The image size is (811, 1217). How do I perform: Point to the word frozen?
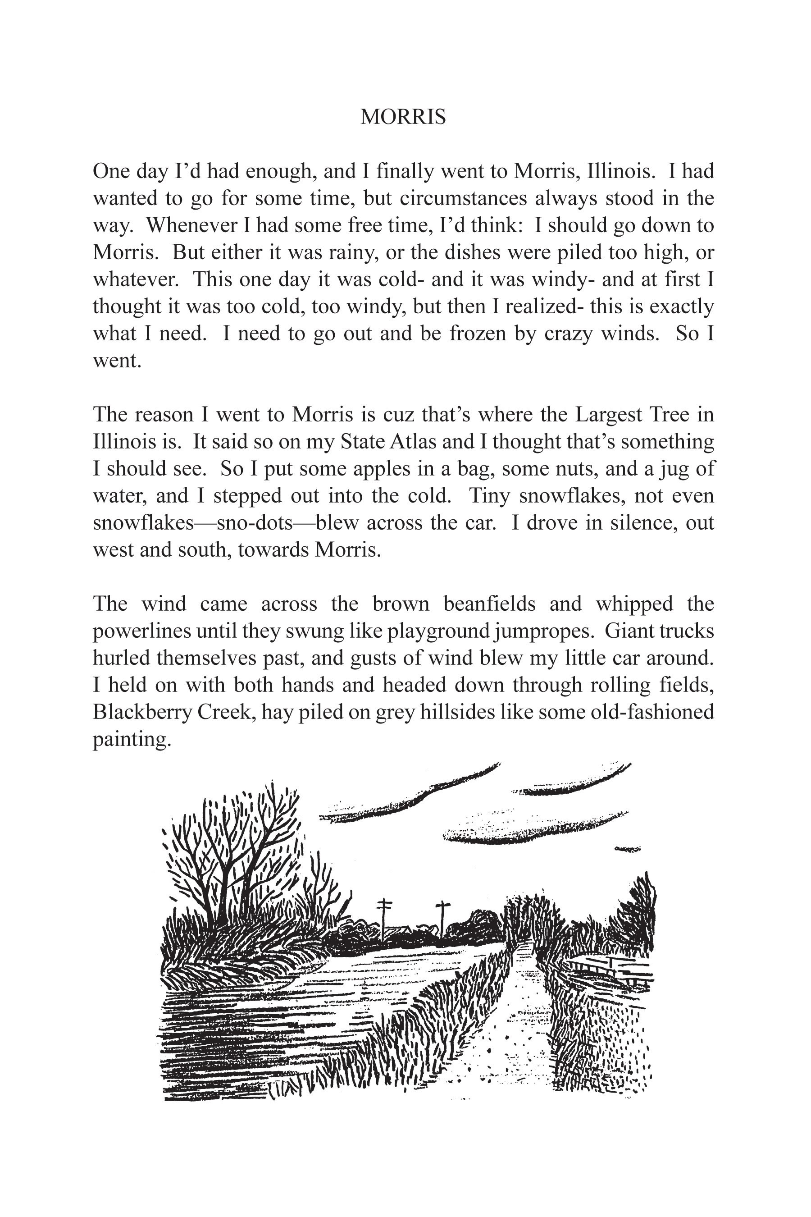pos(477,333)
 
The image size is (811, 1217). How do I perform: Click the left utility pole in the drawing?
pos(383,918)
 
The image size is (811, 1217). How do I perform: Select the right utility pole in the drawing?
pos(442,918)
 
